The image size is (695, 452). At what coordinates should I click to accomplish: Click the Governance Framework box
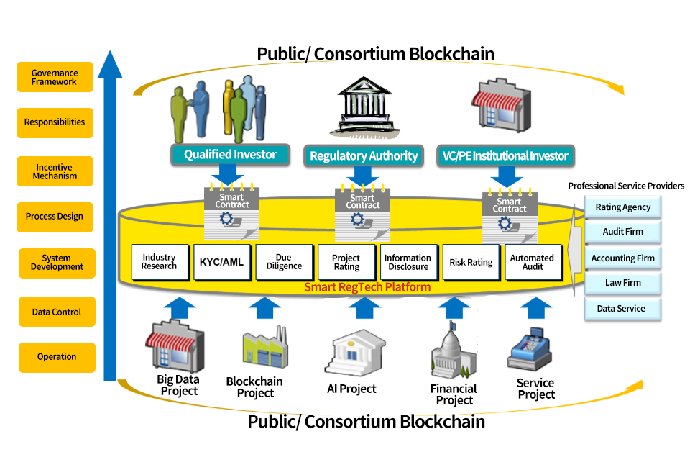[55, 77]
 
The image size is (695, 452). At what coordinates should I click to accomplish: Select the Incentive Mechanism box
[55, 171]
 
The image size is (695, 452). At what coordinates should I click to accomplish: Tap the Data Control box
[57, 312]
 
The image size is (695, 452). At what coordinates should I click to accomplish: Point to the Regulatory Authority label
[363, 155]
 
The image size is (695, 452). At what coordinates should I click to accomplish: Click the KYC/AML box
[221, 262]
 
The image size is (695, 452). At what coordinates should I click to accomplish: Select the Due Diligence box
[284, 262]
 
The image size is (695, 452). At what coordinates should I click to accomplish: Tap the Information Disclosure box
[408, 262]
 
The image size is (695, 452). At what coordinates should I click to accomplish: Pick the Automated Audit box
[531, 262]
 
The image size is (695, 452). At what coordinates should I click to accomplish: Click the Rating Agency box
[622, 207]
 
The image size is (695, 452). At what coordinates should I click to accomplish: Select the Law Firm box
[622, 283]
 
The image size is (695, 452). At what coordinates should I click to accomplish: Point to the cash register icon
[530, 350]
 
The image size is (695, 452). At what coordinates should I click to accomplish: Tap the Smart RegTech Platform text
[367, 287]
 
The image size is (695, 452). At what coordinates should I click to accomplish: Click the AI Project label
[351, 389]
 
